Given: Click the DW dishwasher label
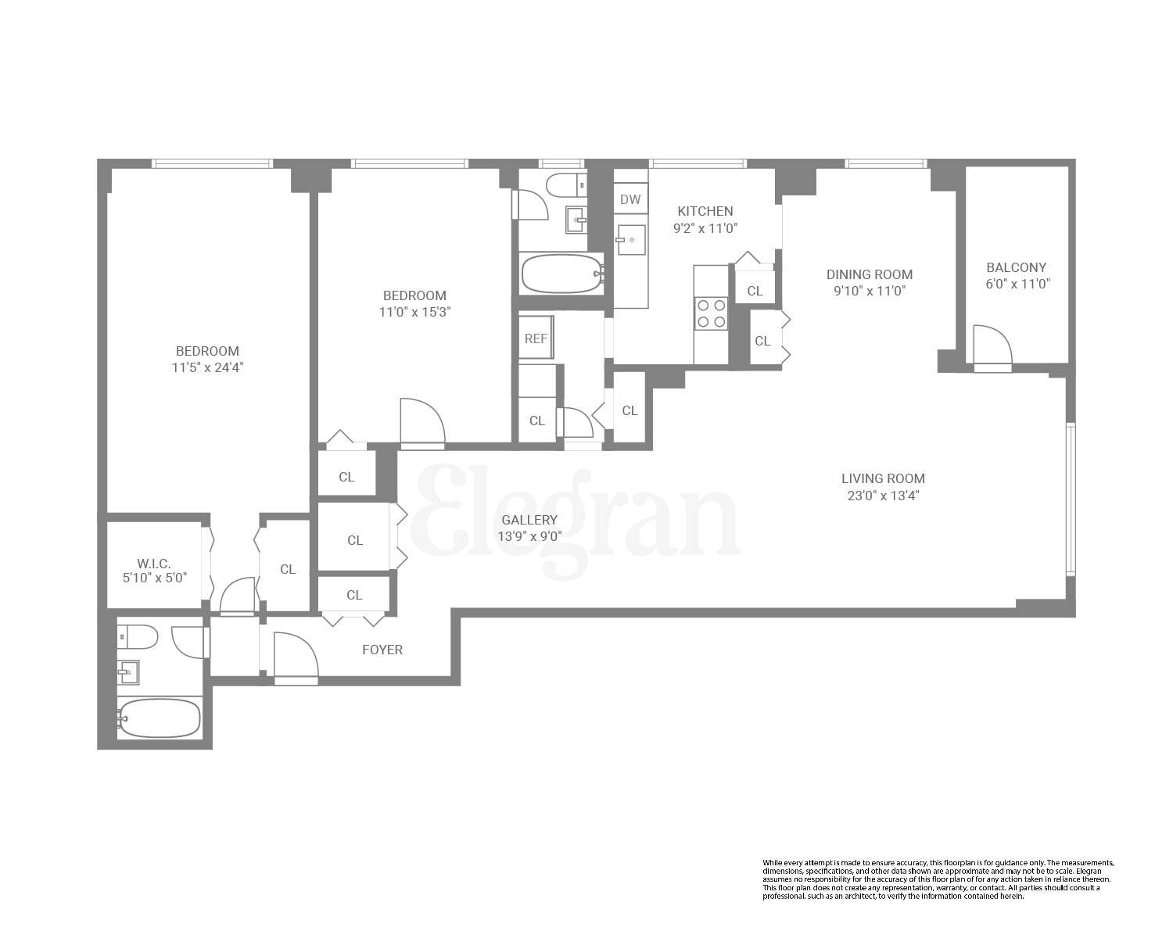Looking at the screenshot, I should pyautogui.click(x=630, y=199).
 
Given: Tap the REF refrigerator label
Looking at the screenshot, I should pyautogui.click(x=536, y=338).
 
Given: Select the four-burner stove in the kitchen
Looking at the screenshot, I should pyautogui.click(x=711, y=313).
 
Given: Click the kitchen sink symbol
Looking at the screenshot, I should pyautogui.click(x=631, y=239).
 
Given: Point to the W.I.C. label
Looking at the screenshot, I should pyautogui.click(x=153, y=563).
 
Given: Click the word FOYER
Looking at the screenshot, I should pyautogui.click(x=382, y=650).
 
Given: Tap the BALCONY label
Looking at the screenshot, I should pyautogui.click(x=1016, y=267).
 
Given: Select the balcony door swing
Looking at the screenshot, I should pyautogui.click(x=992, y=345).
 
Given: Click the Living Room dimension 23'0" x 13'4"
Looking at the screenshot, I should pyautogui.click(x=883, y=495).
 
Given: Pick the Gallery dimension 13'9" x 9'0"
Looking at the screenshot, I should pyautogui.click(x=529, y=536).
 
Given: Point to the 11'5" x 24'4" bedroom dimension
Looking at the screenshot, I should pyautogui.click(x=207, y=367).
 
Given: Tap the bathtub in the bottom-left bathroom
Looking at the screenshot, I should pyautogui.click(x=160, y=718).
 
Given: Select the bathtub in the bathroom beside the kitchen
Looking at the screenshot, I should pyautogui.click(x=561, y=274).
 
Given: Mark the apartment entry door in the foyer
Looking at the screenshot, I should pyautogui.click(x=295, y=657).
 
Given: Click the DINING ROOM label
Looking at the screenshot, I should pyautogui.click(x=870, y=274).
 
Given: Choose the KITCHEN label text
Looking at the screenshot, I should pyautogui.click(x=705, y=211).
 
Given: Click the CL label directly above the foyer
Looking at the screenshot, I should pyautogui.click(x=354, y=595).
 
